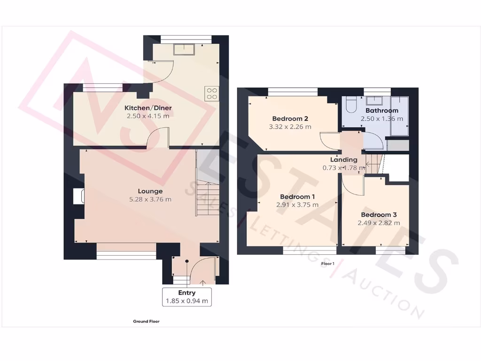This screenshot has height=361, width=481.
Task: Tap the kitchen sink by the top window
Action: pyautogui.click(x=184, y=49)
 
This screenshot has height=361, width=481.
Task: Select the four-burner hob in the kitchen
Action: pyautogui.click(x=211, y=94)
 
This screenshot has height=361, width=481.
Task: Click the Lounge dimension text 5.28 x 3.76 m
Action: pyautogui.click(x=150, y=199)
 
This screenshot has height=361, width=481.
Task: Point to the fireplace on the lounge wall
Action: pyautogui.click(x=78, y=196)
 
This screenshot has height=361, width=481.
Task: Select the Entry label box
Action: pyautogui.click(x=186, y=297)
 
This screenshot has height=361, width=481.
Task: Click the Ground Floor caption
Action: pyautogui.click(x=146, y=322)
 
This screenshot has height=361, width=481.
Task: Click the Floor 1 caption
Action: pyautogui.click(x=327, y=264)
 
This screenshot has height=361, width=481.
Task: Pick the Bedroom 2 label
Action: pyautogui.click(x=290, y=118)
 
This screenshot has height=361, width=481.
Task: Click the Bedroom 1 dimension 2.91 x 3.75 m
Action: pyautogui.click(x=297, y=205)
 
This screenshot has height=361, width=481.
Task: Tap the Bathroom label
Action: pyautogui.click(x=382, y=110)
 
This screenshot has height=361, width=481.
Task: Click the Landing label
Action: pyautogui.click(x=343, y=160)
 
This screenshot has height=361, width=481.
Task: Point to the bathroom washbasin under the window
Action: pyautogui.click(x=375, y=100)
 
